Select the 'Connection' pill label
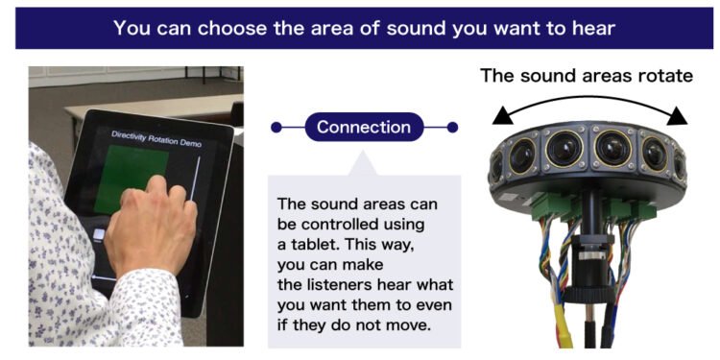click(363, 127)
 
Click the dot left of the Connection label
click(276, 127)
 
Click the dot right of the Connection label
click(452, 127)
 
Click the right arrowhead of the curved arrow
click(678, 117)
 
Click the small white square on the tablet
click(100, 234)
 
